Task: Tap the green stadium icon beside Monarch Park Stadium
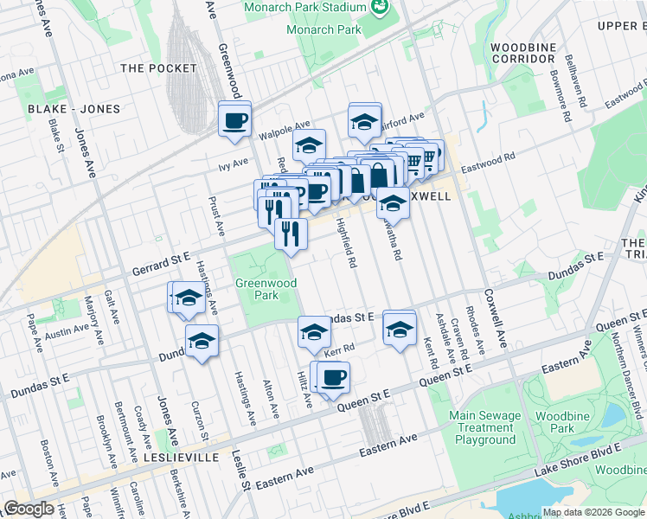pyautogui.click(x=378, y=8)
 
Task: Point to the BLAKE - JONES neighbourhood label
pyautogui.click(x=68, y=109)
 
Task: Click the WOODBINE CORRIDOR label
pyautogui.click(x=522, y=53)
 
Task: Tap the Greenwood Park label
pyautogui.click(x=266, y=289)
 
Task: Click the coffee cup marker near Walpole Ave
pyautogui.click(x=234, y=119)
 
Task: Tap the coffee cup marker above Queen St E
pyautogui.click(x=332, y=376)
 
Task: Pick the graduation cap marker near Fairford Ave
pyautogui.click(x=365, y=121)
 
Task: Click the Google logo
pyautogui.click(x=29, y=509)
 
